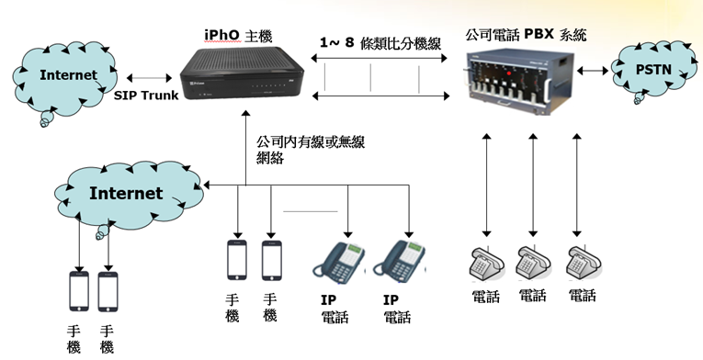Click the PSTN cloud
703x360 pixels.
coord(653,70)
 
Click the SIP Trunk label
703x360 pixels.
coord(146,96)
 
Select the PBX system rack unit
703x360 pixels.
coord(519,81)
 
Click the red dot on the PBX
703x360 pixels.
coord(509,73)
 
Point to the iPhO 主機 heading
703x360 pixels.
coord(238,36)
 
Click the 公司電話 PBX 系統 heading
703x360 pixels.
coord(526,35)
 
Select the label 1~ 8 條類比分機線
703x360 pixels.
coord(380,43)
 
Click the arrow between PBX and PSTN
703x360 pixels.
coord(592,71)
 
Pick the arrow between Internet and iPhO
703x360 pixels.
coord(149,78)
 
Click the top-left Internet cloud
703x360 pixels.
coord(65,79)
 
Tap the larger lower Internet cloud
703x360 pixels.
coord(130,196)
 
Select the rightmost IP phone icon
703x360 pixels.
coord(399,263)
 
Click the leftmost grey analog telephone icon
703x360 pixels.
coord(487,265)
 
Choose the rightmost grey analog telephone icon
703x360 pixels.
coord(584,264)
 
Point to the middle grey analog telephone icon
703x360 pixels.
coord(535,264)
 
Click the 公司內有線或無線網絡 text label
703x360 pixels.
coord(311,150)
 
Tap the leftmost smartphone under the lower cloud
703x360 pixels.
coord(79,291)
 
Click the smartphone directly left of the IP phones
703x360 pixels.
coord(272,261)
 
